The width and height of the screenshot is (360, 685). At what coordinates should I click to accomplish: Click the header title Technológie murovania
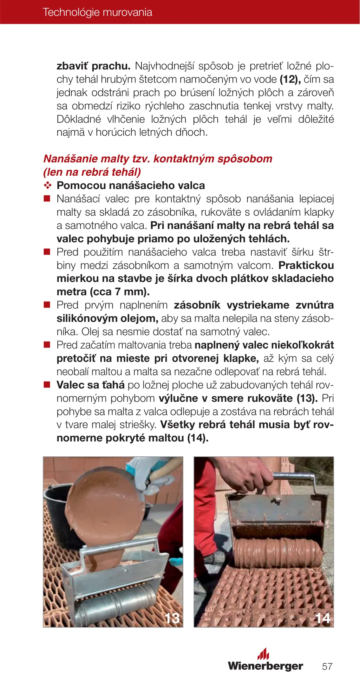97,12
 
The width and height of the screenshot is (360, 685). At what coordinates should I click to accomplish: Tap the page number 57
327,666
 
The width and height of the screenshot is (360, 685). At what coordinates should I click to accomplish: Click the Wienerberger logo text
265,666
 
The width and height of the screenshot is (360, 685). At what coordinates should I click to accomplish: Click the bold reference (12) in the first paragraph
290,79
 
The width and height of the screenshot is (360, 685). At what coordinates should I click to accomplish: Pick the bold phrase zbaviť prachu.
94,66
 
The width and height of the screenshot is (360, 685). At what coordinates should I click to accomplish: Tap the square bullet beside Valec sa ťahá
47,385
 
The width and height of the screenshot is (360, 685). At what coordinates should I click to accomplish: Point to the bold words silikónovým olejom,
107,318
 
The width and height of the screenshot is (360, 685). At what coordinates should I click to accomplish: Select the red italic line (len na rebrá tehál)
92,172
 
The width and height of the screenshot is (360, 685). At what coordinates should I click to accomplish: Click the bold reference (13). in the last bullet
307,398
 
